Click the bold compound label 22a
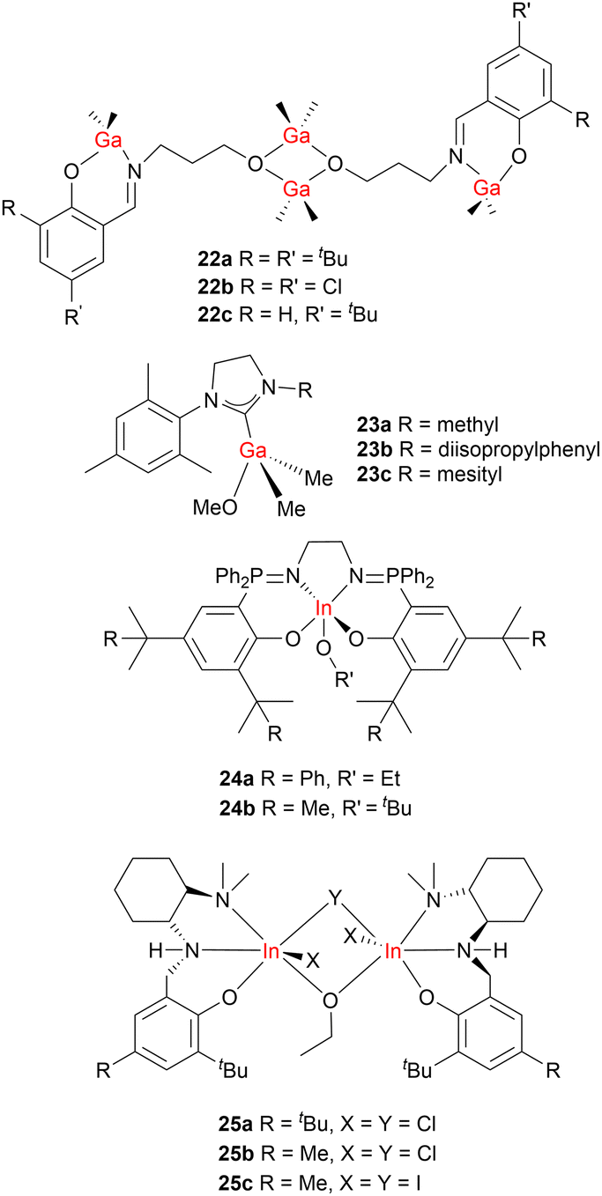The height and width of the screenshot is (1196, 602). point(215,259)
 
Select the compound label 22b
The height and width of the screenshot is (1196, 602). point(216,287)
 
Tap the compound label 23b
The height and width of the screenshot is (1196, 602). point(375,449)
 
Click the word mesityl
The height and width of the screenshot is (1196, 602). point(470,474)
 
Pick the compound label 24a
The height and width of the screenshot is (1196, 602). point(236,779)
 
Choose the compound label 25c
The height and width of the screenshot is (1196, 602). point(235,1183)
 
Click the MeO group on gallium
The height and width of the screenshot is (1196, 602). point(215,507)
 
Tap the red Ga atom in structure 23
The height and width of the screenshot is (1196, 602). point(253,451)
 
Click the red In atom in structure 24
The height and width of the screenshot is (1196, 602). point(323,609)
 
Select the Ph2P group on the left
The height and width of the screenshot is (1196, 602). point(240,577)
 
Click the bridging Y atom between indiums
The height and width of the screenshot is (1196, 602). point(334,900)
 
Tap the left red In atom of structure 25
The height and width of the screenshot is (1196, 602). point(271,950)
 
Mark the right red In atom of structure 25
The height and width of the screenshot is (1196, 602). point(393,950)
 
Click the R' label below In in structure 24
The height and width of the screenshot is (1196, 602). point(344,679)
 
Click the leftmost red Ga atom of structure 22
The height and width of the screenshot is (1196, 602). point(108,140)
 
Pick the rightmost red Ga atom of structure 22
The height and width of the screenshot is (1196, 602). point(487,188)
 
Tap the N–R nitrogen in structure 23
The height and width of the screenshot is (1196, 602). point(271,388)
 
